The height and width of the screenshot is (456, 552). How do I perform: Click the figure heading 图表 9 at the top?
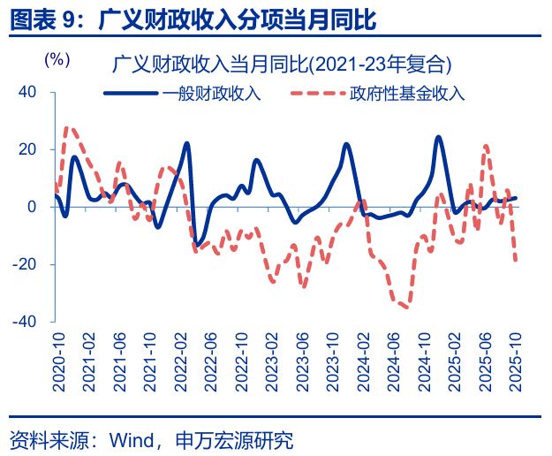[x=44, y=19]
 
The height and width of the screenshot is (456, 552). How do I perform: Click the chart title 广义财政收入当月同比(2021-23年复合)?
[x=282, y=64]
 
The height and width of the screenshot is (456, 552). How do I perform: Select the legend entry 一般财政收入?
[x=211, y=93]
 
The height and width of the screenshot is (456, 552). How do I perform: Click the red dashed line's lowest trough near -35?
[x=405, y=307]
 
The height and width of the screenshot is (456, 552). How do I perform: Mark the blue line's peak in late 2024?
[x=438, y=137]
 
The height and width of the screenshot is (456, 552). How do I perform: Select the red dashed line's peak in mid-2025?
[x=486, y=147]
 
